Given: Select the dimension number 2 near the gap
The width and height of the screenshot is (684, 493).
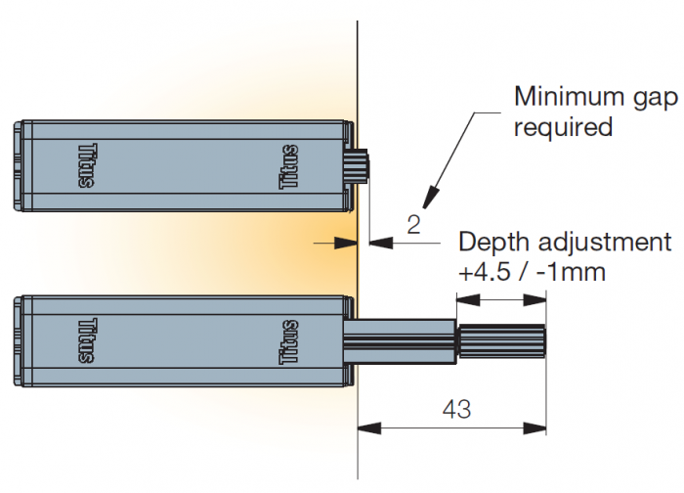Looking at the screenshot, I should point(413,226).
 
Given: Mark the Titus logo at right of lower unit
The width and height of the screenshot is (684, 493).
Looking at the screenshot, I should point(290,340).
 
